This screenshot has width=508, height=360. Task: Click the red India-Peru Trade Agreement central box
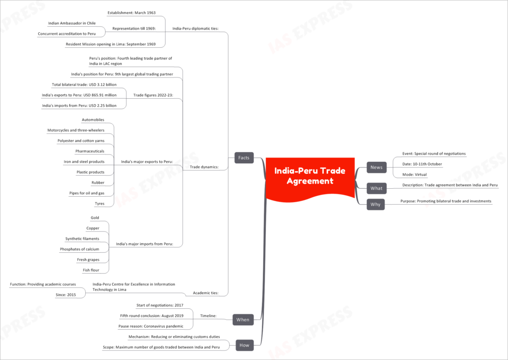[x=310, y=178]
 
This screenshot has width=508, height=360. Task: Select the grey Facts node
[x=244, y=157]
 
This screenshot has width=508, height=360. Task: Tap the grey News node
[x=377, y=167]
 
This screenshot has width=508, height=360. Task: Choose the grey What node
[x=377, y=188]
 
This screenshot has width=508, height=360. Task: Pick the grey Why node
[x=376, y=204]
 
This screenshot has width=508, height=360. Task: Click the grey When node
[x=243, y=320]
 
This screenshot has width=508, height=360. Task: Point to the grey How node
[x=244, y=345]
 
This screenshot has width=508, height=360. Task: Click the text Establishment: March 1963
[x=131, y=12]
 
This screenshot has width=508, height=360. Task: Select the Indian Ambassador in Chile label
[x=72, y=23]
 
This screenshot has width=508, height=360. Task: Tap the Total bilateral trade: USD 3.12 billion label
[x=84, y=84]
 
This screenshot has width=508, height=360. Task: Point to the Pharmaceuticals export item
[x=90, y=151]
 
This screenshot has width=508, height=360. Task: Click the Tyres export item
[x=99, y=204]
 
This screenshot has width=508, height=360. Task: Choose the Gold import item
[x=95, y=217]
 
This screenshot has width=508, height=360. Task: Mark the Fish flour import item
[x=91, y=270]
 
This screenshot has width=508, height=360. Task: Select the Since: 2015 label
[x=66, y=295]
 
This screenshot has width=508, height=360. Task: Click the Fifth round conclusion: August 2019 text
[x=152, y=316]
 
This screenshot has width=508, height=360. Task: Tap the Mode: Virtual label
[x=414, y=174]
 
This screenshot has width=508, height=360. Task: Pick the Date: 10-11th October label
[x=422, y=164]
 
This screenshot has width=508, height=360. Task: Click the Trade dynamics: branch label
[x=204, y=167]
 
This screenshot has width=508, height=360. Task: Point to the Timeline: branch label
[x=208, y=316]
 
